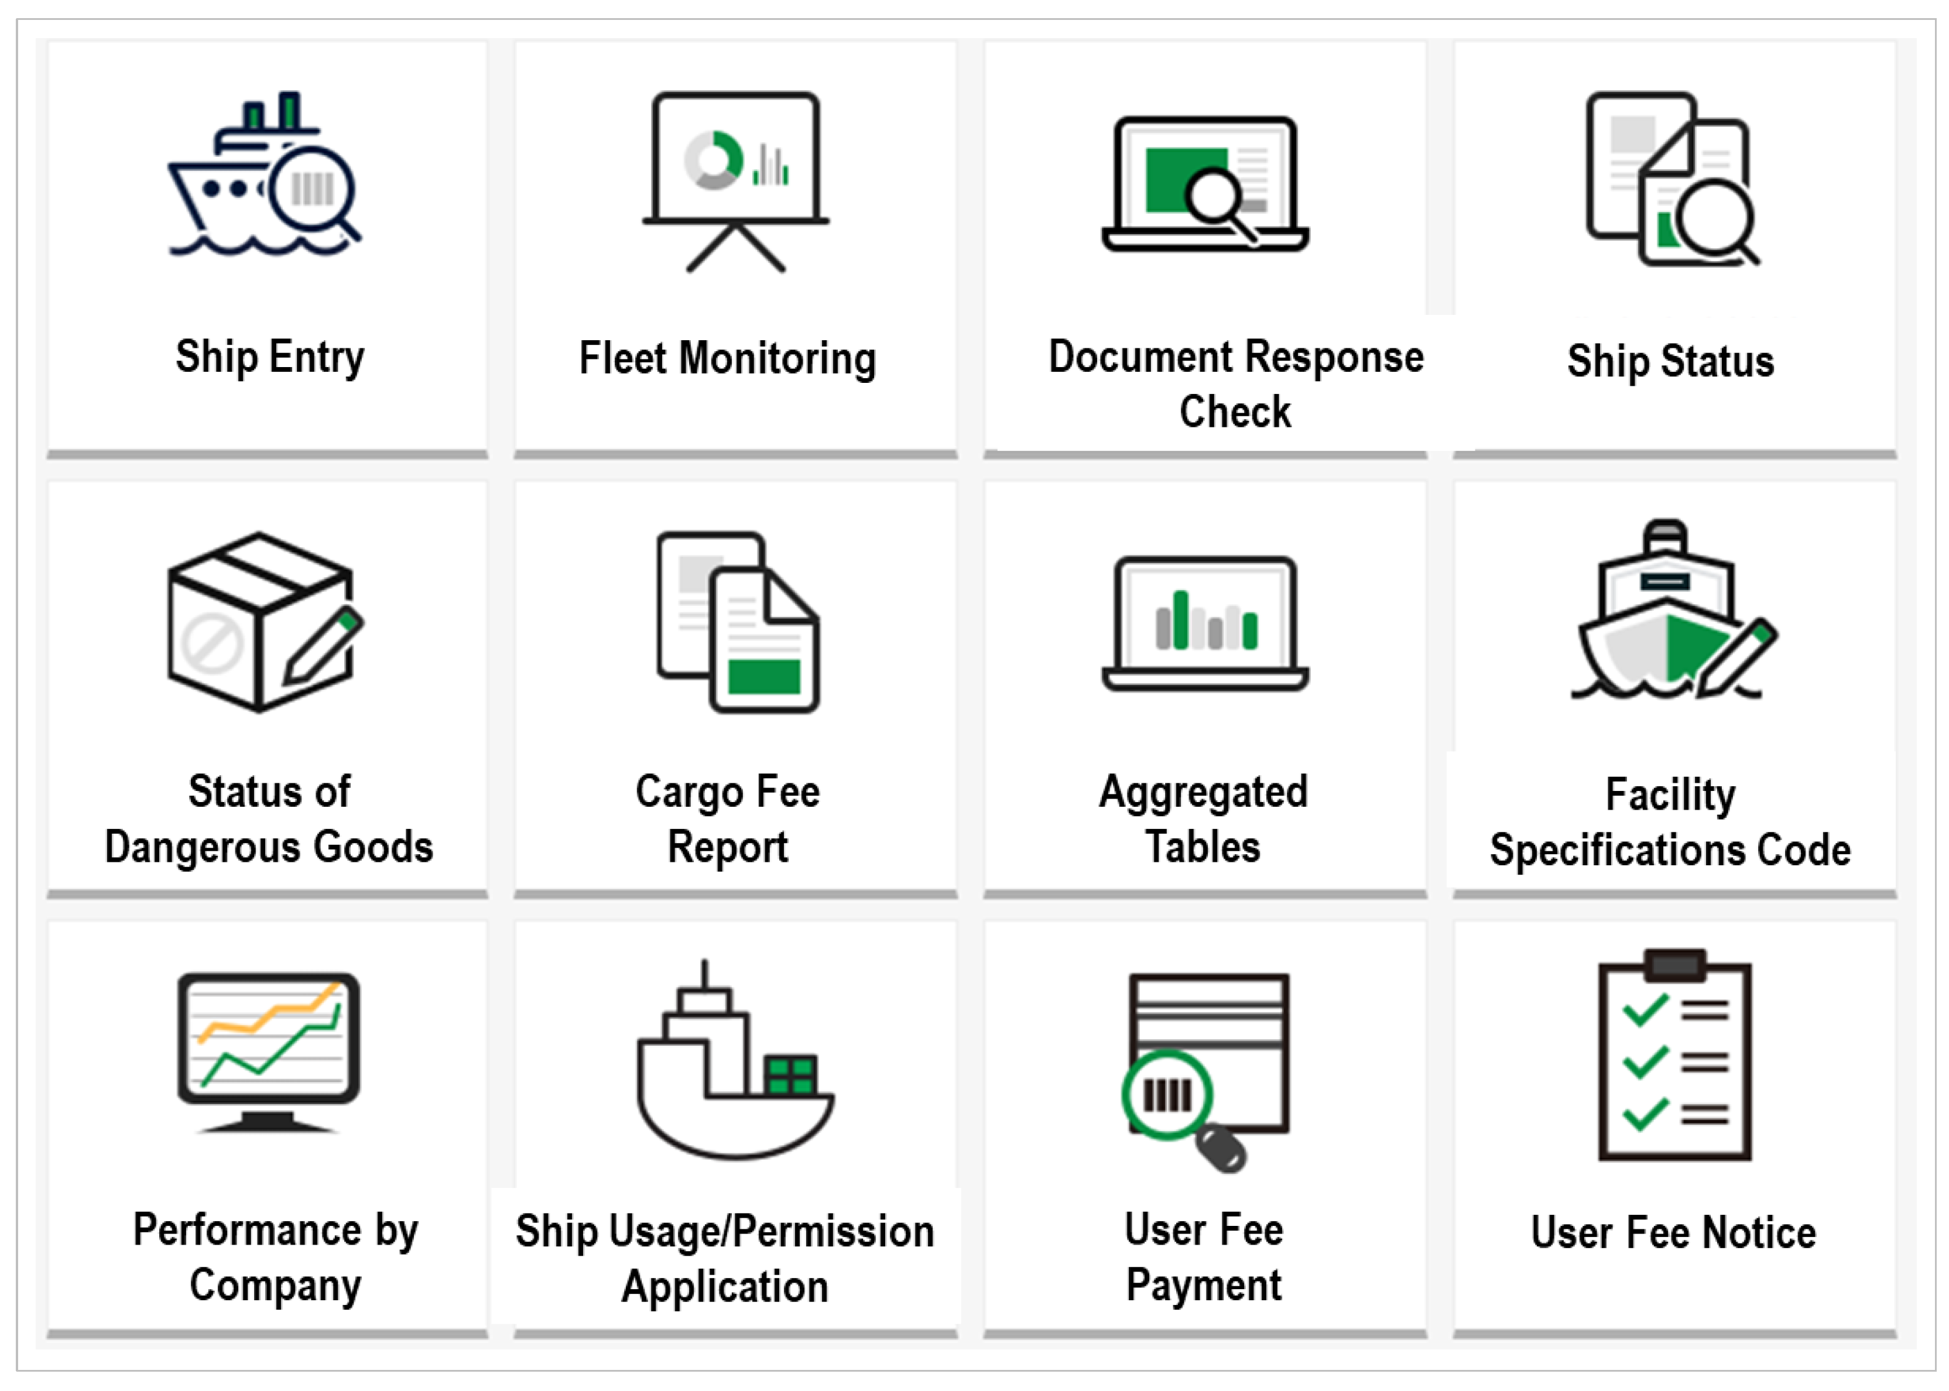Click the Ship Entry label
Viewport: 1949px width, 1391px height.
click(x=270, y=357)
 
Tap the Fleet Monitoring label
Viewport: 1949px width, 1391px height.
click(x=727, y=358)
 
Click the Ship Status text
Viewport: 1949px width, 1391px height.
click(x=1670, y=361)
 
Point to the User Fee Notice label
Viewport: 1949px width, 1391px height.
click(x=1673, y=1232)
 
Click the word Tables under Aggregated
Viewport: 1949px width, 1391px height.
click(x=1203, y=847)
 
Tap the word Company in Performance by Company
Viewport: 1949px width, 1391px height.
click(x=275, y=1285)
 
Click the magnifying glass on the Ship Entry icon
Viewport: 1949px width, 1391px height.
click(x=313, y=189)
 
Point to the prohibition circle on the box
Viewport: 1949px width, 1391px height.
click(x=210, y=642)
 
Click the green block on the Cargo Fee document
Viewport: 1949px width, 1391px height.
click(x=764, y=676)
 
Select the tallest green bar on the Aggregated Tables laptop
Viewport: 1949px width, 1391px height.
click(x=1181, y=619)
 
